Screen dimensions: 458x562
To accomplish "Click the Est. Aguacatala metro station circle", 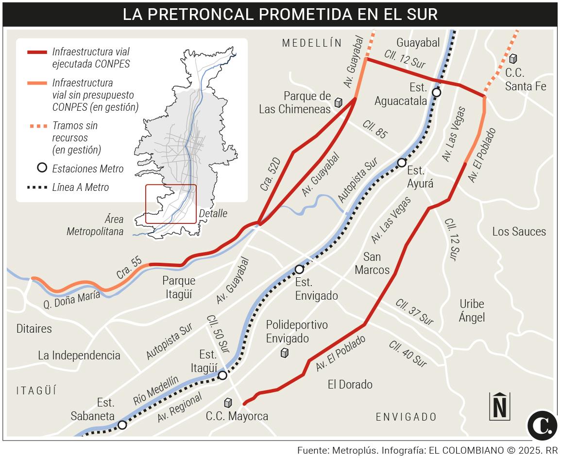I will [436, 92].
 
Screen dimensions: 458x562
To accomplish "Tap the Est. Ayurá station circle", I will [402, 163].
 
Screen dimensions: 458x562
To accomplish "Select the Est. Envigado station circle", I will [299, 269].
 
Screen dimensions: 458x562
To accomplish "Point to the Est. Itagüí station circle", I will [222, 375].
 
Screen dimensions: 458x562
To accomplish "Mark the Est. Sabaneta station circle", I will [122, 425].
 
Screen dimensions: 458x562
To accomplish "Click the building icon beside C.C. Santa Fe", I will [513, 59].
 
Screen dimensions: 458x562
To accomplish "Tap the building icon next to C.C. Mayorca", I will [228, 403].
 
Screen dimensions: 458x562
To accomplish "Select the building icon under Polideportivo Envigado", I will [285, 353].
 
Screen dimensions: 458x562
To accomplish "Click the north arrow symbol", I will [500, 406].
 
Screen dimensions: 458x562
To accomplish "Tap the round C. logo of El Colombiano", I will [542, 425].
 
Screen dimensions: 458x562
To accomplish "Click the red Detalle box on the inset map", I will [171, 204].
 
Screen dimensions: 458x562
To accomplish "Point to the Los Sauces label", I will [519, 232].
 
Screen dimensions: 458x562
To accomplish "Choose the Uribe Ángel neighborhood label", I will [472, 311].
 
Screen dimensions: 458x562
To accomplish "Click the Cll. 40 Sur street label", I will [408, 354].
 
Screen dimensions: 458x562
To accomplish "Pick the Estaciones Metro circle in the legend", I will [42, 168].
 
